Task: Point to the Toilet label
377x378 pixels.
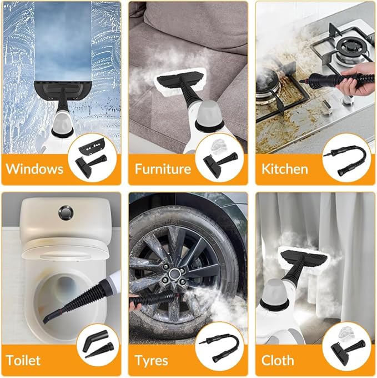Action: (x=23, y=360)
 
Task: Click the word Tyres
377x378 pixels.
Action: (x=152, y=360)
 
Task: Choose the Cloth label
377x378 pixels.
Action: (x=278, y=360)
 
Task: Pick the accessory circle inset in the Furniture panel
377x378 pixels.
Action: (x=219, y=158)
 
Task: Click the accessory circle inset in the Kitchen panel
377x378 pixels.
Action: (x=345, y=158)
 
